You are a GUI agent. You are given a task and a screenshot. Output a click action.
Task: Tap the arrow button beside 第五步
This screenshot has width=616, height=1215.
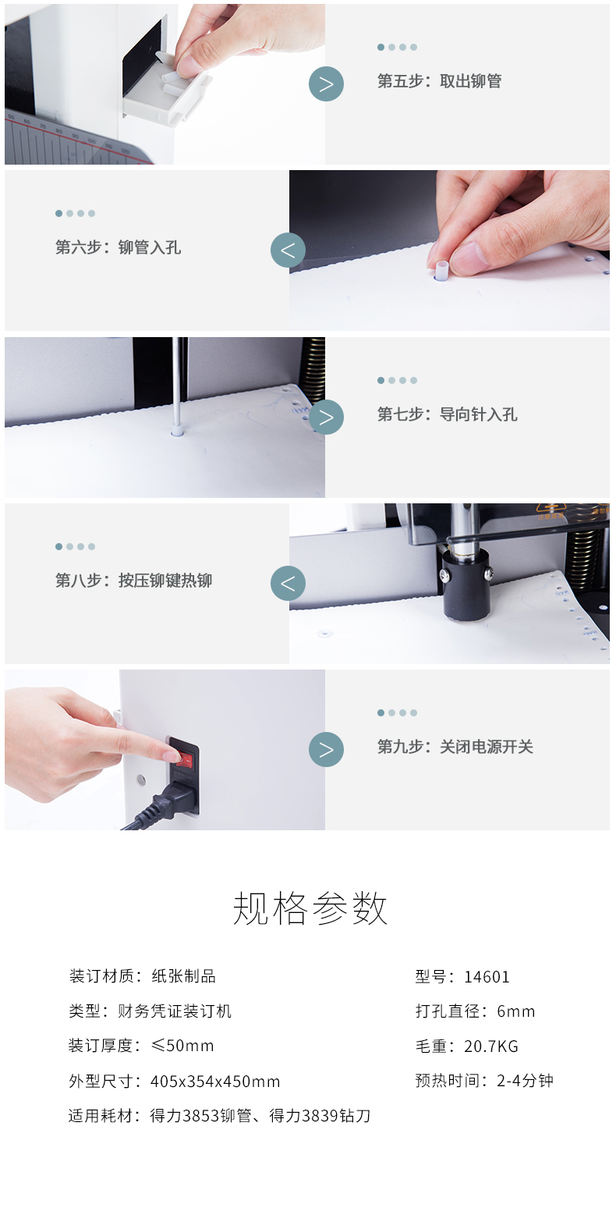(326, 84)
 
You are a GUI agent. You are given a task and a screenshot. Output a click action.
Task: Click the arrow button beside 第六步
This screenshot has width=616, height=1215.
(288, 250)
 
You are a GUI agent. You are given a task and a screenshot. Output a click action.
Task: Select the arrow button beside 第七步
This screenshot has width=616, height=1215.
(326, 417)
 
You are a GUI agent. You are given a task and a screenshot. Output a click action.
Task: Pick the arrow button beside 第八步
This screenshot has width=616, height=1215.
(288, 583)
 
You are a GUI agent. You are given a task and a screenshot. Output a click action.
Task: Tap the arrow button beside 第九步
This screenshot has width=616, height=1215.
(326, 750)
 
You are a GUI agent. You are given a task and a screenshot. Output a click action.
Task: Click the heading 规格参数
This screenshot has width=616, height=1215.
(310, 908)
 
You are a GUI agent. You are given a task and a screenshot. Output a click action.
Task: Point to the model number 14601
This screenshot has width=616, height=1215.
(487, 977)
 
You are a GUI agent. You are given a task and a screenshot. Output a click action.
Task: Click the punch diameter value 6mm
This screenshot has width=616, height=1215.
(515, 1011)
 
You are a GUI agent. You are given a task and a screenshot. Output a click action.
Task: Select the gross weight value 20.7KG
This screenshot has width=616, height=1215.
(490, 1046)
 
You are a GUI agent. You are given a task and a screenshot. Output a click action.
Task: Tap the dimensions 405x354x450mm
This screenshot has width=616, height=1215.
(215, 1081)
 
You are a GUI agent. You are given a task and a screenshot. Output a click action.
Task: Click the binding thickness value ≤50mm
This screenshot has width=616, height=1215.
(182, 1045)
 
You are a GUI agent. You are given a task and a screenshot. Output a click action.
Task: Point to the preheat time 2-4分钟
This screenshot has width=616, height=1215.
(525, 1081)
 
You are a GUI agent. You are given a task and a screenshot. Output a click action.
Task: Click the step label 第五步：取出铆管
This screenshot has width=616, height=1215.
(439, 81)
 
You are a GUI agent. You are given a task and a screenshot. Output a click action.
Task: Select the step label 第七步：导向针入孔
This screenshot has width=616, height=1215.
(448, 414)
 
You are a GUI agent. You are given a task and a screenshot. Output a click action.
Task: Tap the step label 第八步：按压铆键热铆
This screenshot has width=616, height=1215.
(134, 581)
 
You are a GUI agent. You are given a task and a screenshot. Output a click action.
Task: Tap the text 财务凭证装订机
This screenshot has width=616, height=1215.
(175, 1011)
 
